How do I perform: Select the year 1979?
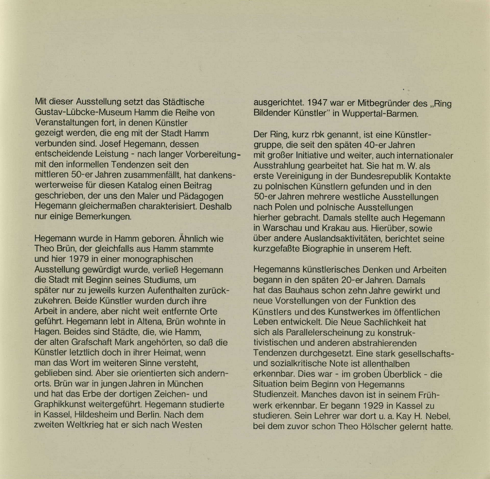[x=79, y=259]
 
